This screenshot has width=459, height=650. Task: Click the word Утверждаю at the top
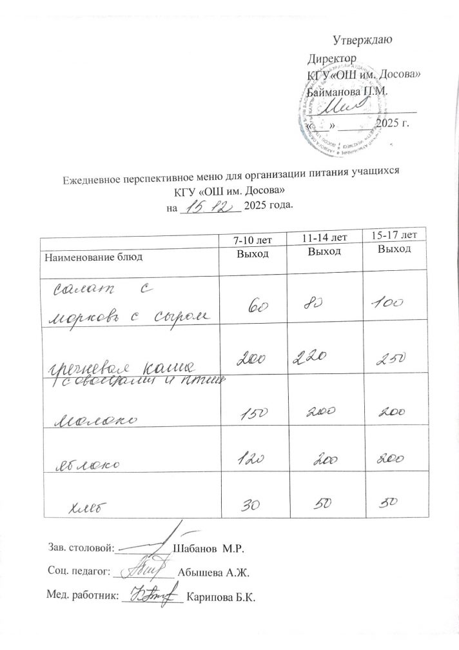coord(366,41)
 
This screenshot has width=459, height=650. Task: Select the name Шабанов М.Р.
coord(210,548)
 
